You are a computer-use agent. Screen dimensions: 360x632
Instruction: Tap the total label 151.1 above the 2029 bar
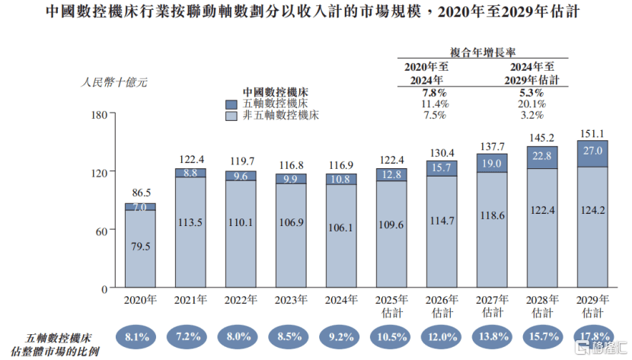click(x=592, y=134)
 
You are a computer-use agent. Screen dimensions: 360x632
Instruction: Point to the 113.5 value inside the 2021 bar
click(x=190, y=225)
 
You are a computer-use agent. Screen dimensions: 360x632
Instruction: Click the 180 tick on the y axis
click(x=97, y=114)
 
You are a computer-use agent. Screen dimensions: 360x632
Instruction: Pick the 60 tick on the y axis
click(x=101, y=230)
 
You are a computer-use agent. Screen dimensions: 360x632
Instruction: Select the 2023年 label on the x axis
click(x=291, y=300)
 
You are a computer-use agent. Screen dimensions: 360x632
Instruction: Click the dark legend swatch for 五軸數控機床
click(x=231, y=104)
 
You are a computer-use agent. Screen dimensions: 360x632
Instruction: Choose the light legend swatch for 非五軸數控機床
click(x=231, y=116)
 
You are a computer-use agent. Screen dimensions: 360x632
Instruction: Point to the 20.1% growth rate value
click(x=532, y=104)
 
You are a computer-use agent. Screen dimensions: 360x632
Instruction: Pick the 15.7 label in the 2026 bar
click(x=441, y=167)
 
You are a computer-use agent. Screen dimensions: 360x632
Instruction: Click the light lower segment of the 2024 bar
click(x=340, y=236)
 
